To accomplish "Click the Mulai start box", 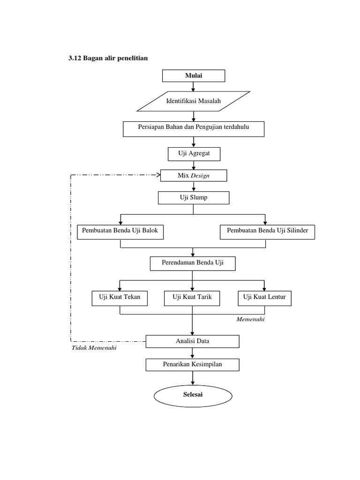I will [194, 75].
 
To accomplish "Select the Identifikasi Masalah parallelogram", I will [193, 101].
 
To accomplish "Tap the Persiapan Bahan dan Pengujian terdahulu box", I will [193, 129].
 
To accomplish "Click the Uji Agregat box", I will [193, 154].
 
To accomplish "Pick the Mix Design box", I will [193, 175].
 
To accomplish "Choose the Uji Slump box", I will [193, 198].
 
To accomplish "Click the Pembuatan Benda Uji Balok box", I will [120, 232].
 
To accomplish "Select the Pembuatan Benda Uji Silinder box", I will [267, 232].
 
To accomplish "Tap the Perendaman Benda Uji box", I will [192, 263].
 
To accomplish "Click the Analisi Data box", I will [193, 341].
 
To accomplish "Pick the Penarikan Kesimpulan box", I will [193, 364].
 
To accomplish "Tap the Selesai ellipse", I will [193, 395].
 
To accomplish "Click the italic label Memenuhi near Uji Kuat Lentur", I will [251, 319].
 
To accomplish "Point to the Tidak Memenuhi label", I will [94, 348].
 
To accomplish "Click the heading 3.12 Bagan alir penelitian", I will [108, 58].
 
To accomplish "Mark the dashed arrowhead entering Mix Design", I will [157, 175].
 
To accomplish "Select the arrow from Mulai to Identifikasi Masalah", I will [193, 86].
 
